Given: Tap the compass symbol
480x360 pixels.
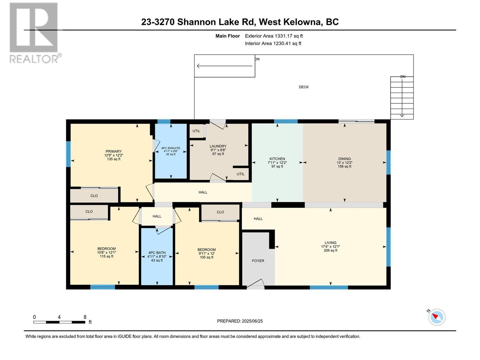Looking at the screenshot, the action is pos(437,317).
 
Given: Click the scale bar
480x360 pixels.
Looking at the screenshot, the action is pos(59,322).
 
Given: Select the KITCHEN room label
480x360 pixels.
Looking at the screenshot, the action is pos(277,159).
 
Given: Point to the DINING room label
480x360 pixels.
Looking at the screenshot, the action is pos(344,159).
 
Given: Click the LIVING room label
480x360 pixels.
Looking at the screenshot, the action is pos(330,243).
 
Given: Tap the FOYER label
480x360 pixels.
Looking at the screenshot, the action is pos(258,261).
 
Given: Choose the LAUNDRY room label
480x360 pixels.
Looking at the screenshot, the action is pos(218,146).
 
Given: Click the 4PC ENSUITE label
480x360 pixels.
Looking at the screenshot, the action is pos(171,148).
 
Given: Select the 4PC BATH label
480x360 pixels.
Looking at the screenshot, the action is pos(157,253).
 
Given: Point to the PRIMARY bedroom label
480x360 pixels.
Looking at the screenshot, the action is pos(113,151).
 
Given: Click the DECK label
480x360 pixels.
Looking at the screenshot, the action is pos(304,87).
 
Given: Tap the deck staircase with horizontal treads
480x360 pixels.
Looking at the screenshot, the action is pos(402,98).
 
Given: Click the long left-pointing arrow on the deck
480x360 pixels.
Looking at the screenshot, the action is pos(225,66).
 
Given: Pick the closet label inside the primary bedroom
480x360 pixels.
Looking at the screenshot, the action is pos(94,196).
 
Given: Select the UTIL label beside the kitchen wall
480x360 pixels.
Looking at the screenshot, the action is pos(241,174).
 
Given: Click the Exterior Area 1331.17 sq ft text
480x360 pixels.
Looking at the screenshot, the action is pos(274,36).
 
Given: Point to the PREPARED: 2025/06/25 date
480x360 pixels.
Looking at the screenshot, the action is pos(240,321).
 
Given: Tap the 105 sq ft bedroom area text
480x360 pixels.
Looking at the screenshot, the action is pos(206,257).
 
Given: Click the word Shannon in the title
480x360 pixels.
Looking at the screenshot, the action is pos(196,22).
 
